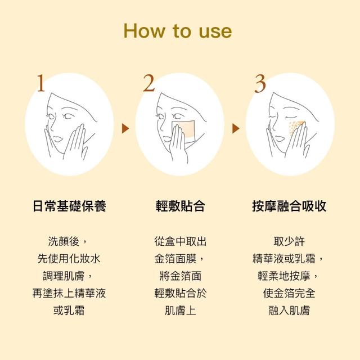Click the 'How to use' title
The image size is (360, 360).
click(x=178, y=31)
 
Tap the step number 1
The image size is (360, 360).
click(x=41, y=83)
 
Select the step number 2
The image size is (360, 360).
click(x=148, y=83)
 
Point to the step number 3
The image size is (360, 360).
click(x=260, y=83)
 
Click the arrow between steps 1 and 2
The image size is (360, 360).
click(x=125, y=128)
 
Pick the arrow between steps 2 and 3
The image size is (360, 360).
click(x=236, y=128)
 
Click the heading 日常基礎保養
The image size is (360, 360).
click(x=69, y=206)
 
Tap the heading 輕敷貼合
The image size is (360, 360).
click(x=180, y=206)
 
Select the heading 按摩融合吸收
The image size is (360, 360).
click(x=289, y=206)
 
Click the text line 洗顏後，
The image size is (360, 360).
click(x=67, y=241)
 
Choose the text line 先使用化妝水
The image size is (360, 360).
click(x=69, y=259)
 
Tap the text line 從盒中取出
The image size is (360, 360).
click(x=180, y=241)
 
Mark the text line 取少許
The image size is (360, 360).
click(x=289, y=241)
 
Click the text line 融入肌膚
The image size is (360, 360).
click(x=289, y=310)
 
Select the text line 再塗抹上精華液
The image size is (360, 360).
click(x=69, y=293)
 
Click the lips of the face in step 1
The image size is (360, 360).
click(x=57, y=139)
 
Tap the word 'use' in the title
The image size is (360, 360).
click(x=215, y=31)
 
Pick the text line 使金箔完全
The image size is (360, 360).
click(x=289, y=293)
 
